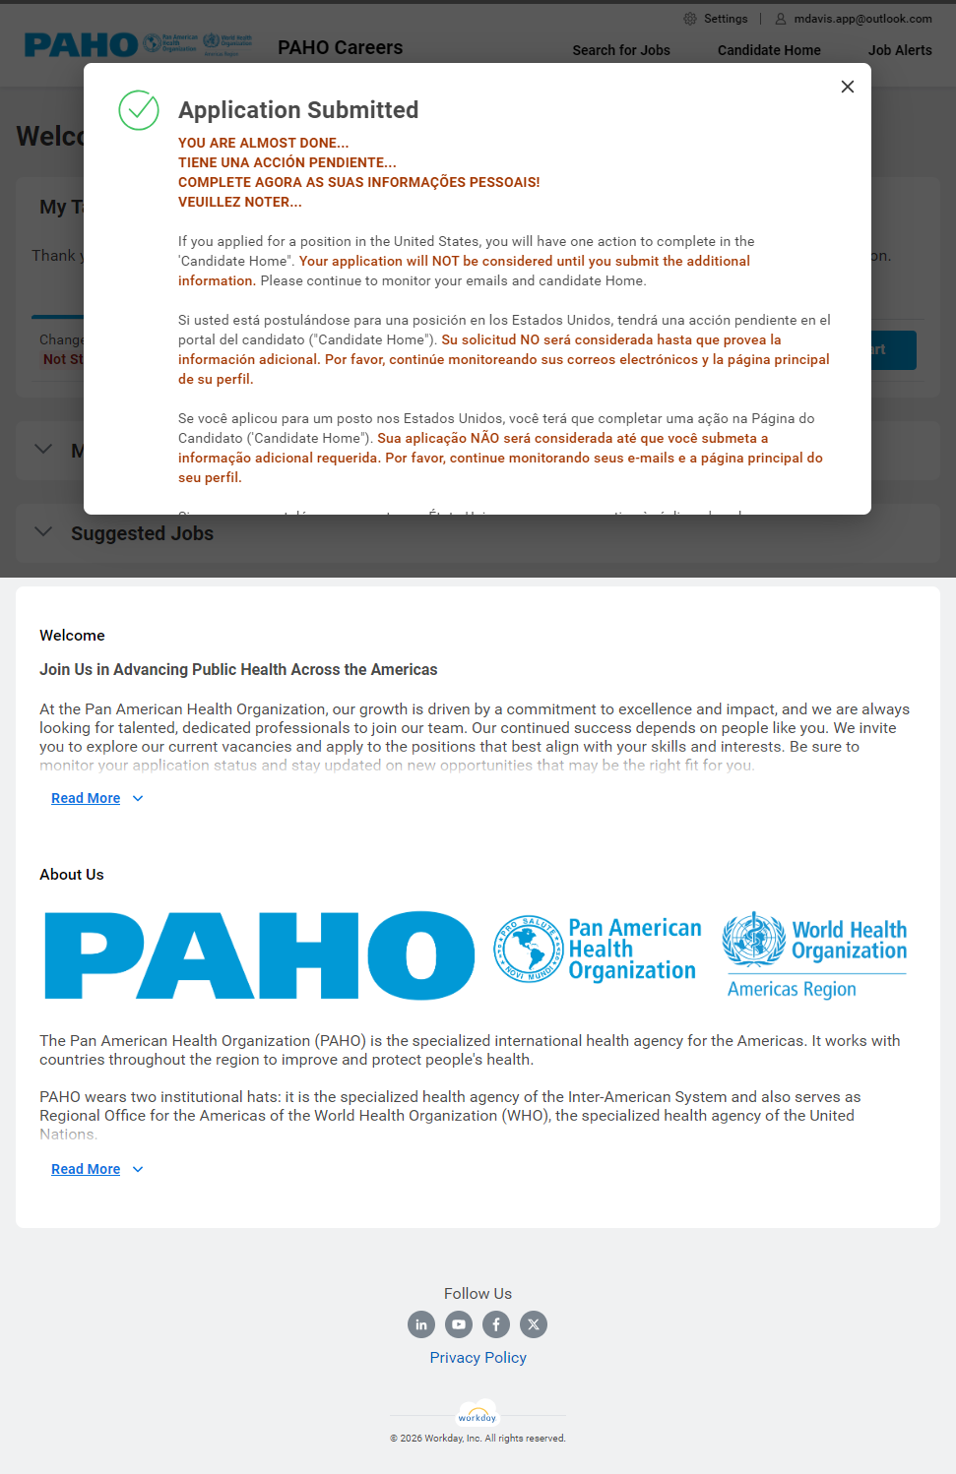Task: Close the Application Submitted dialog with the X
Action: (847, 87)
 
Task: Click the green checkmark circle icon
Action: (139, 110)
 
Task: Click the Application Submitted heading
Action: (298, 110)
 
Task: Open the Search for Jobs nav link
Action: (621, 50)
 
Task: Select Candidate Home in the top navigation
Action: (769, 50)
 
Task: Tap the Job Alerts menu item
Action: (900, 50)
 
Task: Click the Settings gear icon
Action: (690, 19)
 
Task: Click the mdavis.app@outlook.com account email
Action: (862, 19)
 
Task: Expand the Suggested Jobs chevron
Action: (43, 532)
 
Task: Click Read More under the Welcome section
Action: (86, 798)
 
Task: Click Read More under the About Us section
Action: (86, 1169)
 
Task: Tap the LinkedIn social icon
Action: (421, 1324)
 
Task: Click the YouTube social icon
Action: (459, 1324)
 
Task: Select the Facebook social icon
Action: (496, 1324)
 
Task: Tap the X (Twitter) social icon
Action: (534, 1324)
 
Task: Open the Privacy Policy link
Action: (478, 1358)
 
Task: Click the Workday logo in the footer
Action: (478, 1415)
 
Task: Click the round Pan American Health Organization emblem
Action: (527, 950)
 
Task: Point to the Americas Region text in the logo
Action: (792, 989)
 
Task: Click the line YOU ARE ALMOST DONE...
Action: (263, 143)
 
